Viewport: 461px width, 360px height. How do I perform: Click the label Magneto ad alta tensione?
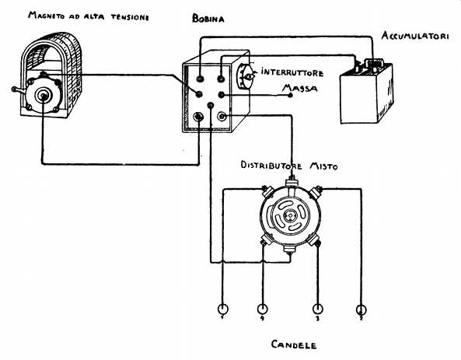(x=88, y=16)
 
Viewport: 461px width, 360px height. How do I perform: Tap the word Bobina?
(x=208, y=19)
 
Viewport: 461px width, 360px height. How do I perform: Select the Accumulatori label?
(x=415, y=36)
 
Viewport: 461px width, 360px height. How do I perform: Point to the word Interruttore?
(x=292, y=72)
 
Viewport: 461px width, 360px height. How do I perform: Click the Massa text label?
(x=299, y=88)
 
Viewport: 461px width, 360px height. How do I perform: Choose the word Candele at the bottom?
(x=294, y=344)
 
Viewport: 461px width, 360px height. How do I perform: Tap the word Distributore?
(x=271, y=166)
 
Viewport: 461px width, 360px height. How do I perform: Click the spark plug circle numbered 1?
(x=222, y=309)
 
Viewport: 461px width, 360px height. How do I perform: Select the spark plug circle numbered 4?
(x=262, y=309)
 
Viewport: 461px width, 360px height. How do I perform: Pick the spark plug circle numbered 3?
(x=317, y=309)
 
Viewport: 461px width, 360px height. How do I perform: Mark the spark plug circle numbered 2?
(x=361, y=309)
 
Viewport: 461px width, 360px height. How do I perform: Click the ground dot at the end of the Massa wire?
(x=290, y=95)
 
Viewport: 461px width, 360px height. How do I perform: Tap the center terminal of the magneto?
(x=44, y=96)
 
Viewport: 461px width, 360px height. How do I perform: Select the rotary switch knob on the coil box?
(x=246, y=76)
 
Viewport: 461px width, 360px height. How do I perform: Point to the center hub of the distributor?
(x=290, y=216)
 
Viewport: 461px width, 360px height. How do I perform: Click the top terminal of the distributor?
(x=292, y=181)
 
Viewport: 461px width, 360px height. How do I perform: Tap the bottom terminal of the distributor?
(x=290, y=250)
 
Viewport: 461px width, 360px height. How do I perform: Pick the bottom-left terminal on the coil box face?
(x=199, y=117)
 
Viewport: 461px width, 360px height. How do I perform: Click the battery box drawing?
(x=367, y=92)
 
